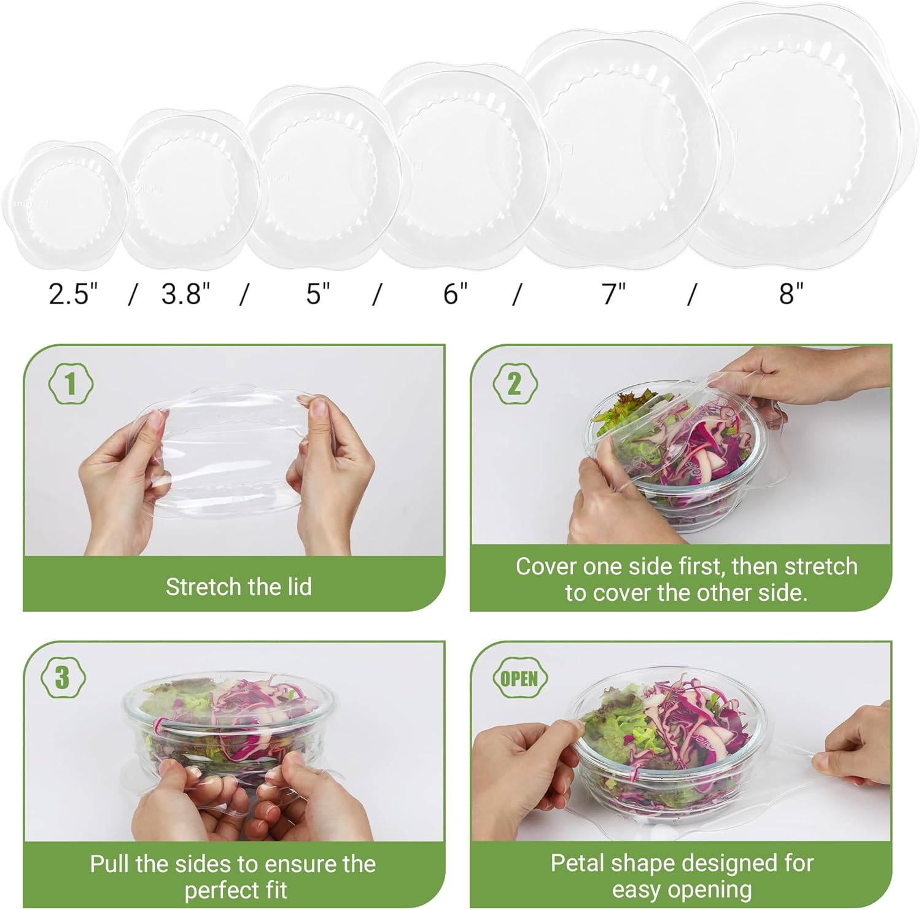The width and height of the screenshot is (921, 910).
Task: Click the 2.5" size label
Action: pyautogui.click(x=73, y=294)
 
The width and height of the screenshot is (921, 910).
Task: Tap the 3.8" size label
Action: pyautogui.click(x=186, y=294)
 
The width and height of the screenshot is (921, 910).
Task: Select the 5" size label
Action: pyautogui.click(x=318, y=294)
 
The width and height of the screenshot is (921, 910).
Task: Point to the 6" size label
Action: pyautogui.click(x=456, y=294)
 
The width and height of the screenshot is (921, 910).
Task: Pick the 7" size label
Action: pyautogui.click(x=612, y=294)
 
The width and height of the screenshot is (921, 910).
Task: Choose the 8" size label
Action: pyautogui.click(x=791, y=294)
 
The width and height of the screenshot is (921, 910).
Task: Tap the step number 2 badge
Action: pyautogui.click(x=515, y=384)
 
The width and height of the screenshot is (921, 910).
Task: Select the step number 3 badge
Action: pyautogui.click(x=62, y=678)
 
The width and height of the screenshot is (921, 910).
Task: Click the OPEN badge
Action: pyautogui.click(x=519, y=679)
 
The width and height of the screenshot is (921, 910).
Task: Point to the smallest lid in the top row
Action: pyautogui.click(x=64, y=204)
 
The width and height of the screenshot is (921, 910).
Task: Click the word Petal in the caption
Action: pyautogui.click(x=574, y=863)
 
